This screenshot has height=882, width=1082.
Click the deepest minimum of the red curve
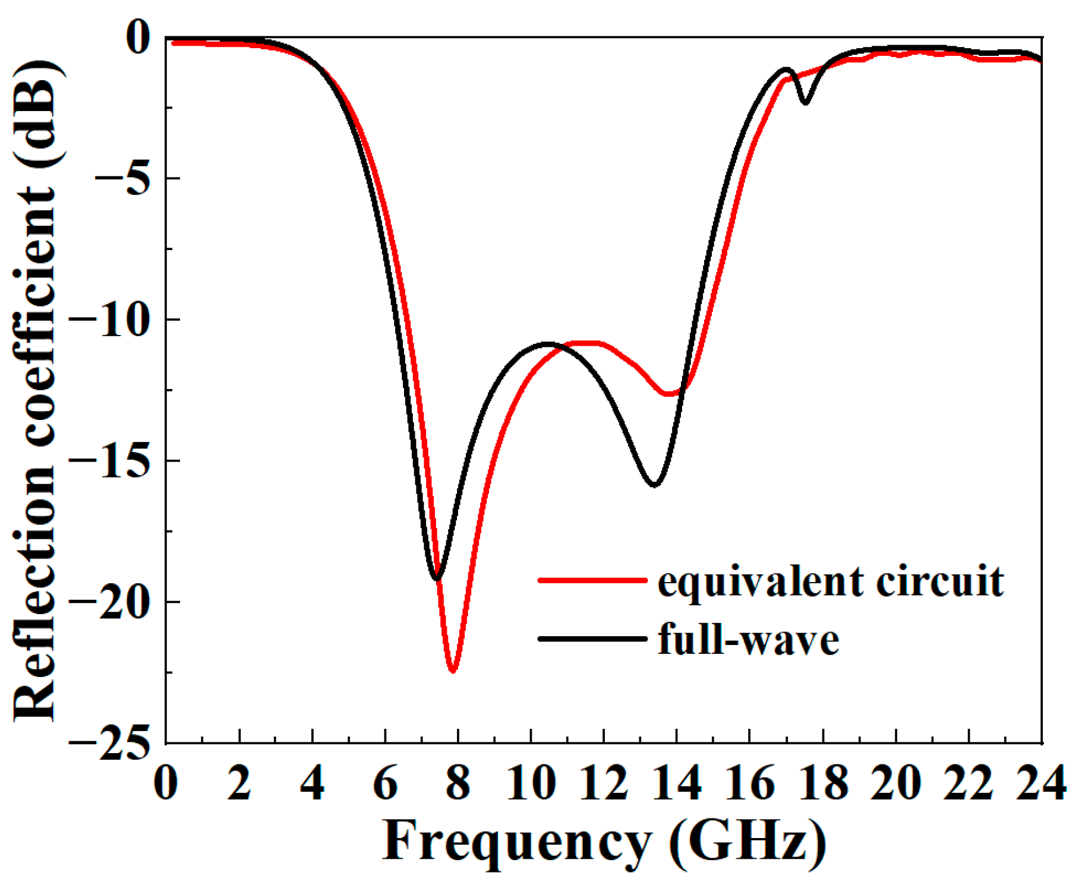click(453, 670)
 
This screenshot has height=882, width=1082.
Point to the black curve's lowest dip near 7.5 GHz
click(436, 578)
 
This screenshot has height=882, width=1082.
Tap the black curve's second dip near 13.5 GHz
click(654, 485)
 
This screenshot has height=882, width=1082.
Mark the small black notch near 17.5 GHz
click(805, 102)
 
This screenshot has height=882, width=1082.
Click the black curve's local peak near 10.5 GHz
click(547, 343)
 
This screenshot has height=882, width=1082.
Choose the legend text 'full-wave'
click(748, 640)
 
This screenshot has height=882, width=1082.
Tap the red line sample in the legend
click(592, 579)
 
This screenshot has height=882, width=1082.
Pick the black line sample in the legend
click(592, 638)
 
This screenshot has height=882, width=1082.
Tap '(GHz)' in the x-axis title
click(747, 842)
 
